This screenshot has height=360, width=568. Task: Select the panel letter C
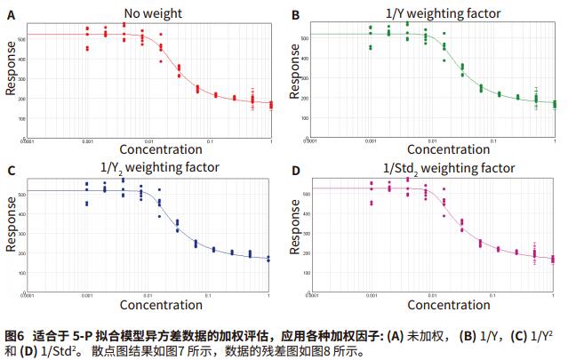11,171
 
